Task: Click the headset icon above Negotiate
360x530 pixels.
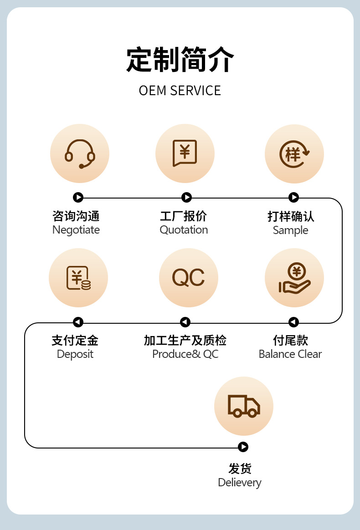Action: click(x=80, y=153)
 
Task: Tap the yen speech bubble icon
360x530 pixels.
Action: click(x=185, y=153)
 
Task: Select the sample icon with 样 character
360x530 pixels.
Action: click(x=294, y=153)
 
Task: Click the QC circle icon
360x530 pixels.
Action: click(x=188, y=278)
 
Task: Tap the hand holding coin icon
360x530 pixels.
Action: click(x=294, y=278)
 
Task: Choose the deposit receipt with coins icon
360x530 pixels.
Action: click(x=78, y=278)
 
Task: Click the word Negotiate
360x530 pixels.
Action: click(x=76, y=230)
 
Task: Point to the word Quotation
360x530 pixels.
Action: click(x=184, y=230)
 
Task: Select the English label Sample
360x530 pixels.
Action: click(x=290, y=230)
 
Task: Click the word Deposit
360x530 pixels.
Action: click(x=75, y=354)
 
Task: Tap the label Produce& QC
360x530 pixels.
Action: click(x=185, y=354)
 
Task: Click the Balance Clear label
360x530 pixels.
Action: click(x=290, y=354)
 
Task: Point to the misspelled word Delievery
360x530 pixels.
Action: click(x=240, y=483)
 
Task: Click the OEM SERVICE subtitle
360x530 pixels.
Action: click(x=180, y=91)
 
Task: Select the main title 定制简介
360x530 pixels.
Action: click(x=180, y=60)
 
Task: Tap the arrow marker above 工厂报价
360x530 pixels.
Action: click(x=186, y=198)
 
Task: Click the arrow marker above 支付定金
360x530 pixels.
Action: click(x=78, y=322)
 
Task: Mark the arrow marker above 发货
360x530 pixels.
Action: click(x=243, y=447)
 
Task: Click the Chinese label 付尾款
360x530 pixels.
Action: click(x=290, y=340)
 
